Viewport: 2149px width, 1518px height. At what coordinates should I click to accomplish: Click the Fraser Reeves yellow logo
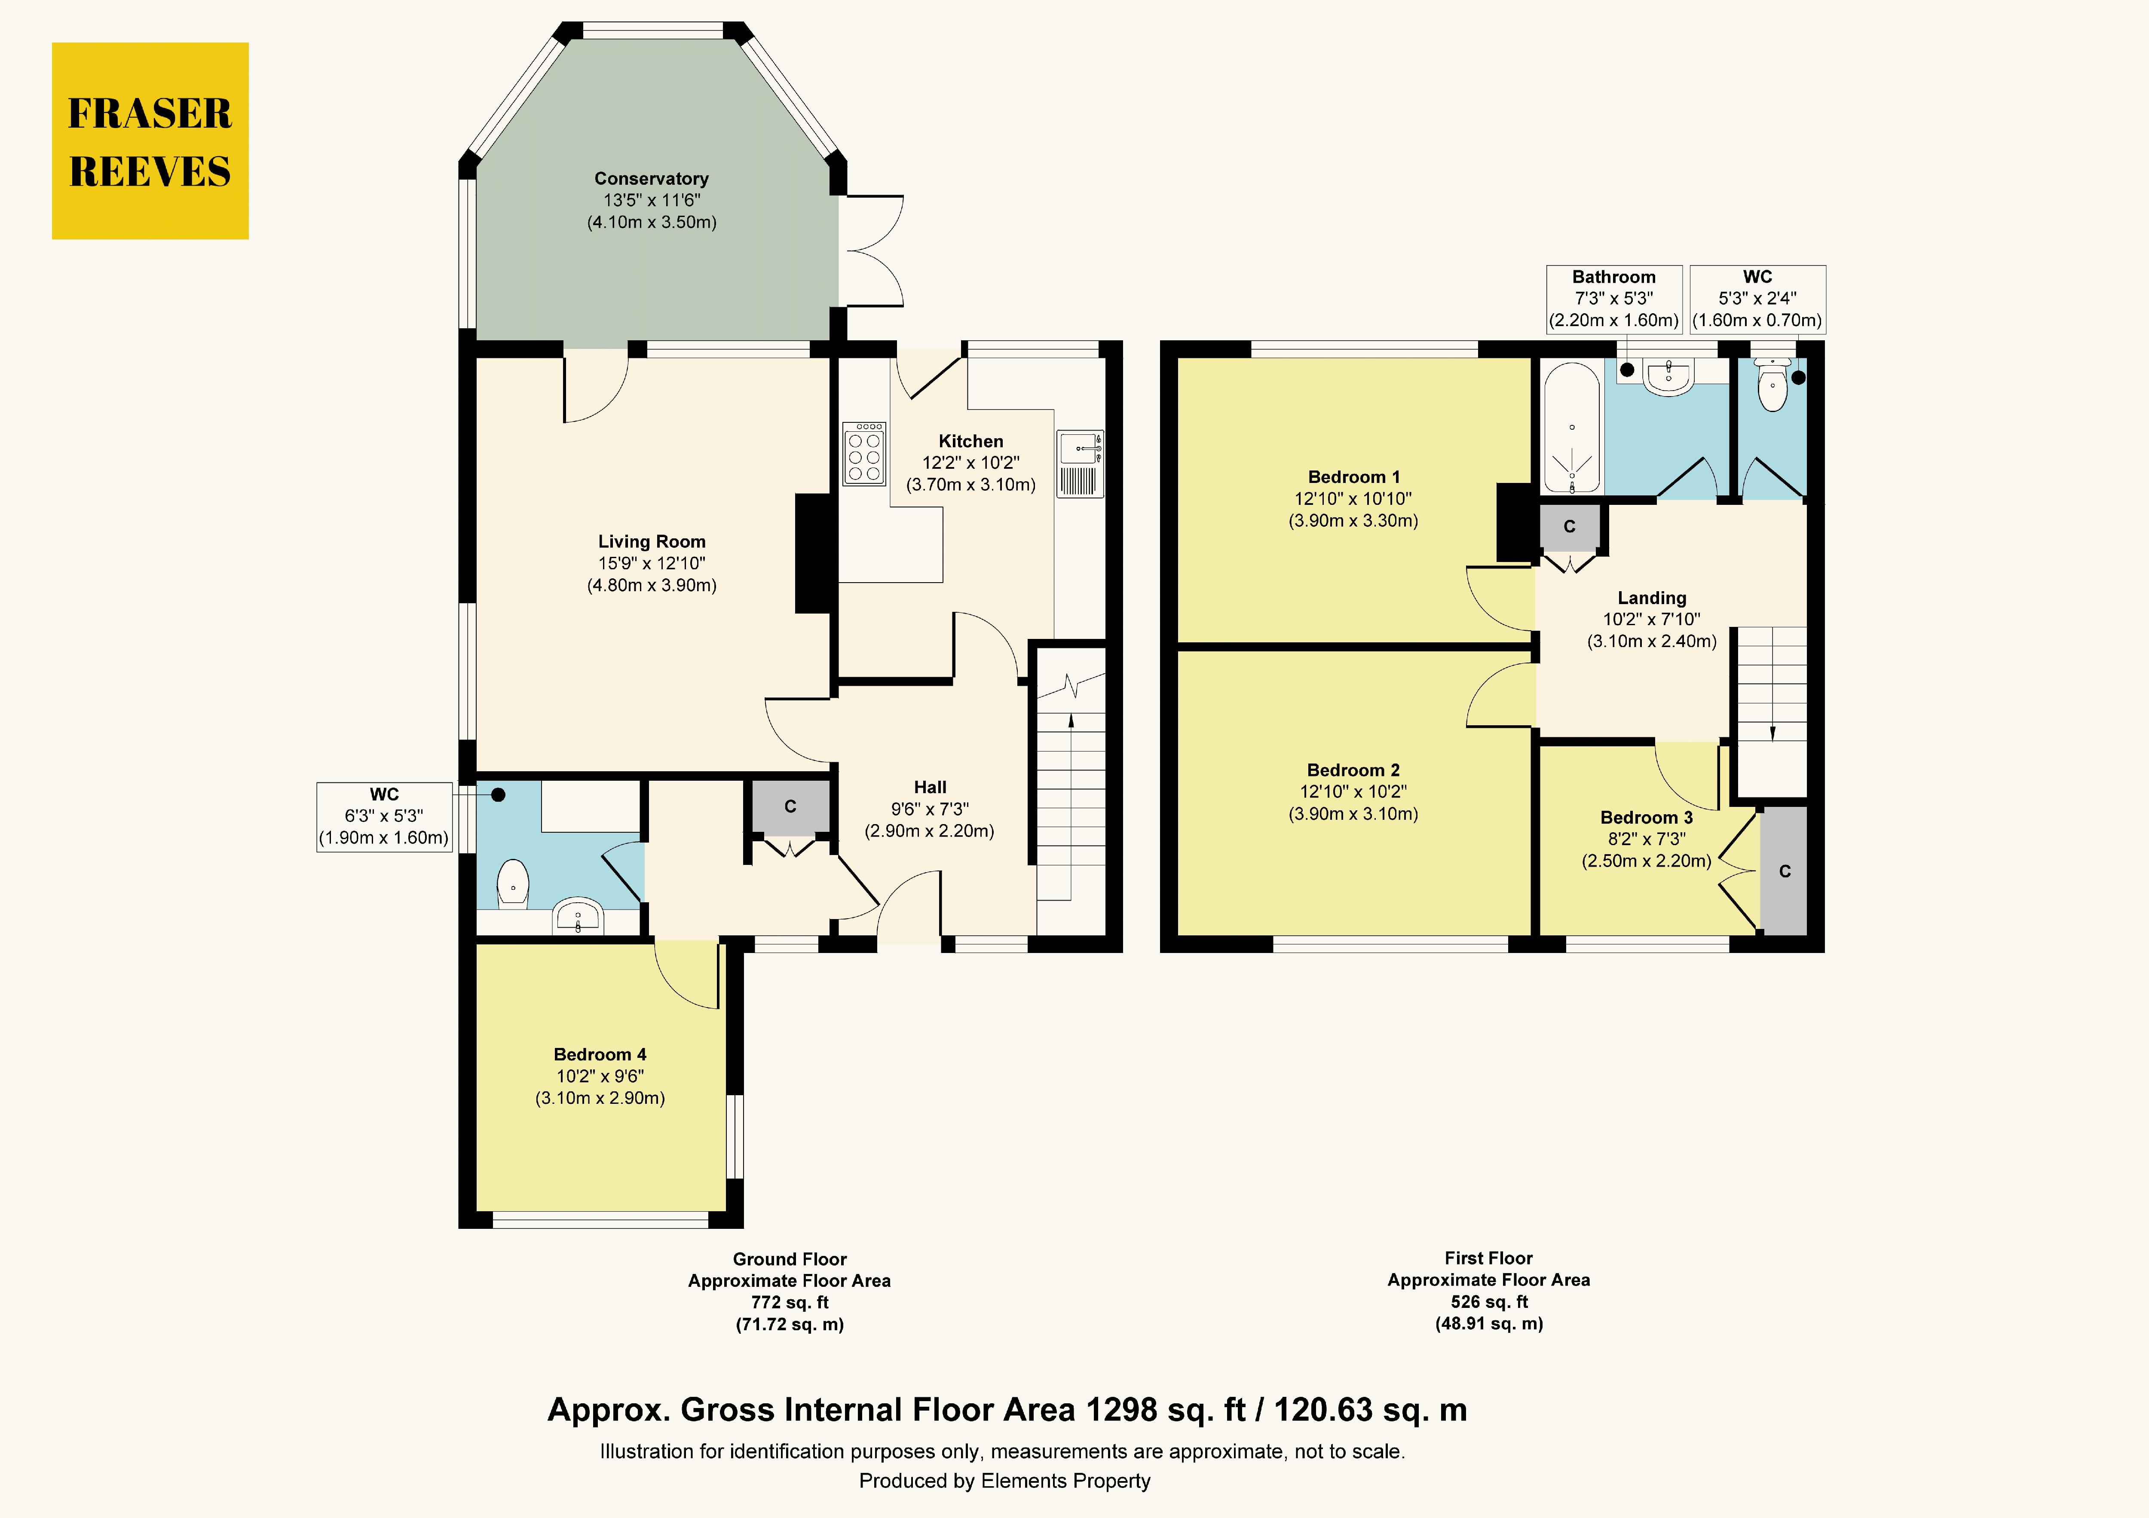tap(150, 140)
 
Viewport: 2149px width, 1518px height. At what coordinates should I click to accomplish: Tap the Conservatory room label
tap(652, 178)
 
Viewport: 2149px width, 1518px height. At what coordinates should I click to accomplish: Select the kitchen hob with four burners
tap(864, 454)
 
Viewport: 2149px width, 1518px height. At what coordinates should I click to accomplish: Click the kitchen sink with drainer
tap(1080, 463)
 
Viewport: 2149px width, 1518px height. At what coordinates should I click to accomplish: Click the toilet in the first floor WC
tap(1772, 385)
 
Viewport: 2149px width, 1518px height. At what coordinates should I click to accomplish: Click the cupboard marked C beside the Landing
tap(1570, 527)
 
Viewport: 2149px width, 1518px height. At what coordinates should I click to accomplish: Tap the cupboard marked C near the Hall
tap(790, 806)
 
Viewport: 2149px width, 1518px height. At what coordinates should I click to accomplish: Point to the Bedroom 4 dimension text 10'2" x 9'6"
tap(600, 1076)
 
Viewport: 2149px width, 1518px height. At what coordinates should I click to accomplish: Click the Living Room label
tap(652, 541)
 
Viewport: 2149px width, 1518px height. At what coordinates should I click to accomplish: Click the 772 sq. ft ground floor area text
tap(790, 1302)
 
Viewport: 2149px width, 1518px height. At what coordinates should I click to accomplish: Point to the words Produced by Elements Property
tap(1004, 1481)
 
